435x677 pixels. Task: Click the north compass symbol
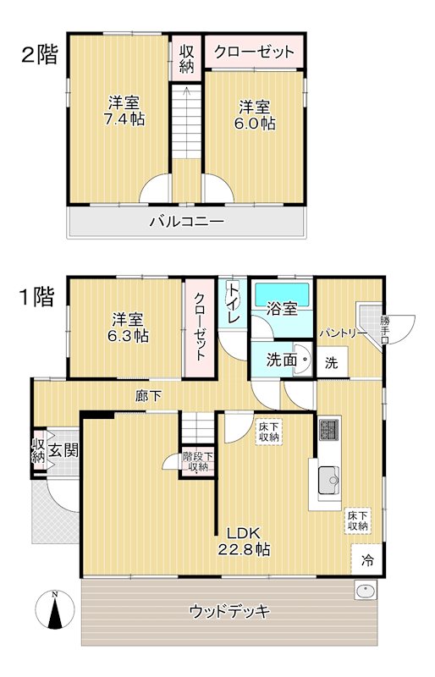click(x=55, y=609)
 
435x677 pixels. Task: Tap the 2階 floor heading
click(x=39, y=55)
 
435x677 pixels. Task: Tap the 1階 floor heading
click(x=36, y=297)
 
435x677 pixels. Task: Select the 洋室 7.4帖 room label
click(x=124, y=111)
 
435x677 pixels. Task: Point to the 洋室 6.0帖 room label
click(x=255, y=115)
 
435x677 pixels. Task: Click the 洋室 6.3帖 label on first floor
click(x=128, y=327)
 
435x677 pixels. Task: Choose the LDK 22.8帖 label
click(x=244, y=542)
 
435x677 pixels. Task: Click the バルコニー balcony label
click(x=187, y=222)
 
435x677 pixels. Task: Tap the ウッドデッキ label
click(x=230, y=611)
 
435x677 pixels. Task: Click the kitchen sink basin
click(x=328, y=480)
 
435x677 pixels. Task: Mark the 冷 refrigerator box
click(x=367, y=559)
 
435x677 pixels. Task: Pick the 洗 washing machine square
click(x=332, y=363)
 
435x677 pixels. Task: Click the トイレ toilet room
click(x=233, y=303)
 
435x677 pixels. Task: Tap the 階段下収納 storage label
click(x=198, y=461)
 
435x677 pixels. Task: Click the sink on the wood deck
click(x=366, y=589)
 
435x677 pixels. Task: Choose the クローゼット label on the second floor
click(x=254, y=52)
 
